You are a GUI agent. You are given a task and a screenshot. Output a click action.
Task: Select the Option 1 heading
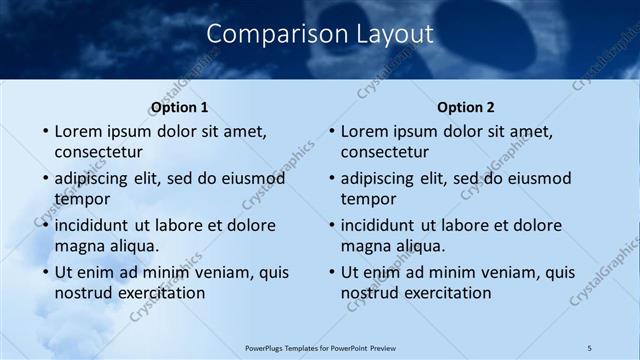[180, 107]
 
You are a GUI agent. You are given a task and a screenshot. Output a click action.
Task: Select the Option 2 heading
[466, 107]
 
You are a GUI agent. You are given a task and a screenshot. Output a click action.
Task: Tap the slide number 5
[590, 347]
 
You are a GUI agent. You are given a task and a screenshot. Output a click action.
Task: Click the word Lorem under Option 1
[79, 131]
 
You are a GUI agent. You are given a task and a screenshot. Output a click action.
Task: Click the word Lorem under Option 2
[365, 131]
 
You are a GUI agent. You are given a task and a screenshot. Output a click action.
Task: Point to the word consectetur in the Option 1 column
[98, 152]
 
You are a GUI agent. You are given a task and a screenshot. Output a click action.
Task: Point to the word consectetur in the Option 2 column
[384, 152]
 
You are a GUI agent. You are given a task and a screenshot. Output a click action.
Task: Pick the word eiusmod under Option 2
[536, 179]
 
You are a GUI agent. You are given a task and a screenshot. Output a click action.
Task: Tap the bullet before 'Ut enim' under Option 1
[45, 273]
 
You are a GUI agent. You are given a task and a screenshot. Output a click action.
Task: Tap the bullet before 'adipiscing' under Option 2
[331, 180]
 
